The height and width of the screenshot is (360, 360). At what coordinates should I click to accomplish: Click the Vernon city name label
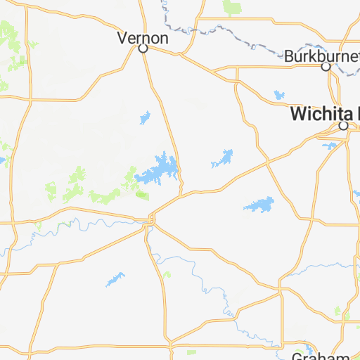coord(143,37)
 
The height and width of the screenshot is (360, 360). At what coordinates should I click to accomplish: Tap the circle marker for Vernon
coord(143,49)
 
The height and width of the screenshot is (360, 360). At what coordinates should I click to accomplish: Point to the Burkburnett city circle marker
coord(326,67)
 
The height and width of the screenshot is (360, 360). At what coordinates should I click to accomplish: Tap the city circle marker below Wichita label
coord(344,126)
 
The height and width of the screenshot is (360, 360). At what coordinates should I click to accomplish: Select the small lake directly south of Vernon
coord(146,117)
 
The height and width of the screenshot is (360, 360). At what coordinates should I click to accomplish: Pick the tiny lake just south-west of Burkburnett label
coord(279,94)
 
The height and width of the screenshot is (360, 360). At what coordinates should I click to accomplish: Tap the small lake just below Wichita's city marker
coord(329,146)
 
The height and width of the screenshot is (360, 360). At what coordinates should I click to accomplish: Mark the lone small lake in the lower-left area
coord(115,279)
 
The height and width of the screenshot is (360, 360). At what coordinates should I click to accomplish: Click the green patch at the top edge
coord(231,8)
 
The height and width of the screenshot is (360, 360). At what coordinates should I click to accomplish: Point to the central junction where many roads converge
coord(148,222)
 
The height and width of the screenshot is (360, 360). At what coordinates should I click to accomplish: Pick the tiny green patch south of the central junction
coord(166,273)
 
